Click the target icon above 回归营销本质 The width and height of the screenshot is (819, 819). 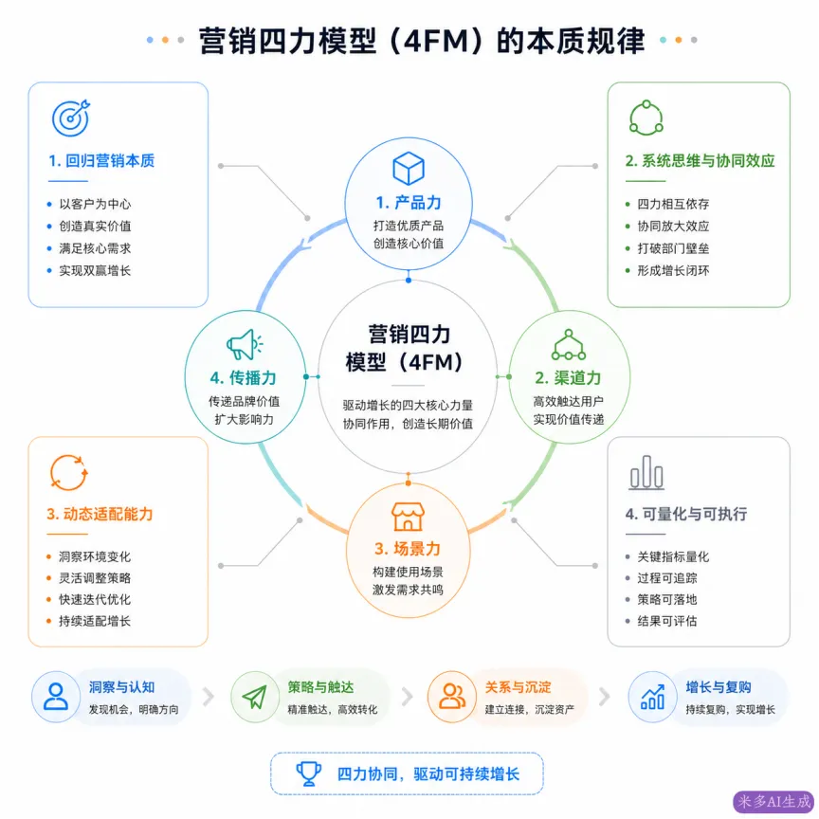[x=70, y=118]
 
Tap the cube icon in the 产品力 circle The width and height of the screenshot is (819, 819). [x=408, y=168]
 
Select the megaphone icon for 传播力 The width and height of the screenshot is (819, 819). [x=245, y=344]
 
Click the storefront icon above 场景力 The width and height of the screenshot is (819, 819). [x=408, y=517]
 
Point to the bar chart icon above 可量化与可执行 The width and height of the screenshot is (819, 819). [x=646, y=472]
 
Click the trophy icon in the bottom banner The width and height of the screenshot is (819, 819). [x=309, y=774]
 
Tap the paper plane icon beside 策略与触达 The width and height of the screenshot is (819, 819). [x=255, y=697]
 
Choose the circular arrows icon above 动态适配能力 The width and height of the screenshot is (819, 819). [x=68, y=473]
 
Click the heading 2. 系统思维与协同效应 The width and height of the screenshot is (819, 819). [x=700, y=161]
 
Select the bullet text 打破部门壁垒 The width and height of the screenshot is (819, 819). [x=673, y=248]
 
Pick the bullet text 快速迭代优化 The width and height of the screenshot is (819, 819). [x=95, y=600]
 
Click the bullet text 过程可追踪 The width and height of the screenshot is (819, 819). [x=667, y=578]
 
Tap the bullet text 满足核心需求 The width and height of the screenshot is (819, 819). [x=95, y=248]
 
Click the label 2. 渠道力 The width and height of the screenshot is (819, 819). [x=569, y=377]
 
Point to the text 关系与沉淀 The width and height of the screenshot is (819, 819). [x=518, y=687]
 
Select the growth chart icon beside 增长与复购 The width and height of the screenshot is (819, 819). [x=652, y=697]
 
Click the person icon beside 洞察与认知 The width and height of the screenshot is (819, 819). [x=55, y=697]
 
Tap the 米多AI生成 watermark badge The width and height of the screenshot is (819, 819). [x=774, y=802]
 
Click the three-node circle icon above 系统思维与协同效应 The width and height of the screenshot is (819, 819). [x=646, y=118]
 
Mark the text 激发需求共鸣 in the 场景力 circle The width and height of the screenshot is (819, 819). [x=408, y=591]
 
